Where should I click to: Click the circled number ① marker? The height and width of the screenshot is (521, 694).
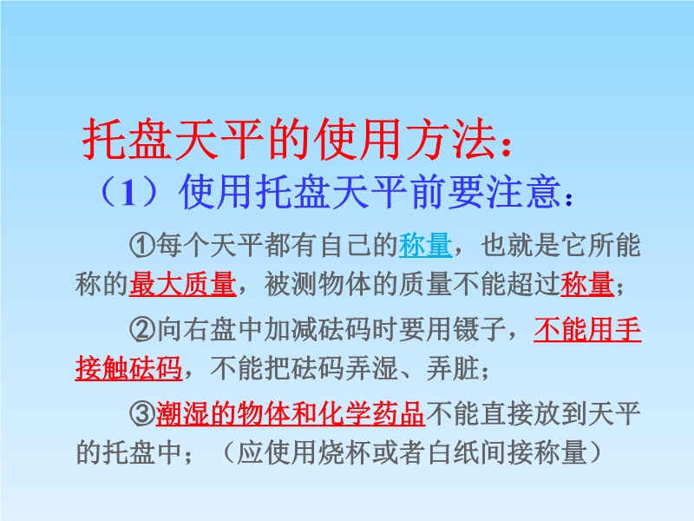(x=142, y=245)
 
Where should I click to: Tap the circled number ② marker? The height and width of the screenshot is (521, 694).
(x=142, y=329)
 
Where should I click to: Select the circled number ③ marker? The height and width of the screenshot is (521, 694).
(x=142, y=414)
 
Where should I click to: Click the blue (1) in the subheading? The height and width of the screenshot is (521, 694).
(x=128, y=193)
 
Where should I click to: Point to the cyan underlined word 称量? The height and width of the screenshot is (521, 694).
(x=425, y=245)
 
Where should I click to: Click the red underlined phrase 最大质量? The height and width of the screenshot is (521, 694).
(x=182, y=284)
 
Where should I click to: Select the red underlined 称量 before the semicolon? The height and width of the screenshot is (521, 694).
(x=587, y=284)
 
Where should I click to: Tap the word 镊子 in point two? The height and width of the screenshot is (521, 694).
(x=480, y=329)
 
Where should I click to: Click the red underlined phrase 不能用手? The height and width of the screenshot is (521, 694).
(x=587, y=329)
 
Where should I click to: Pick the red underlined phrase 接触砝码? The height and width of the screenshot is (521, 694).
(x=128, y=368)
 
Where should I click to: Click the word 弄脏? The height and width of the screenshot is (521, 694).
(x=452, y=368)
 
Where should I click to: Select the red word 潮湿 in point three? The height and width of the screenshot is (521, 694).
(x=182, y=414)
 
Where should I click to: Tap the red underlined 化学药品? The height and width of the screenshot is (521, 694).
(x=371, y=414)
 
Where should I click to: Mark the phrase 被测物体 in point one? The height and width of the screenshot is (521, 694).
(x=318, y=284)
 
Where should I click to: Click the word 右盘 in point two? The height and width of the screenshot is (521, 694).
(x=209, y=329)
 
